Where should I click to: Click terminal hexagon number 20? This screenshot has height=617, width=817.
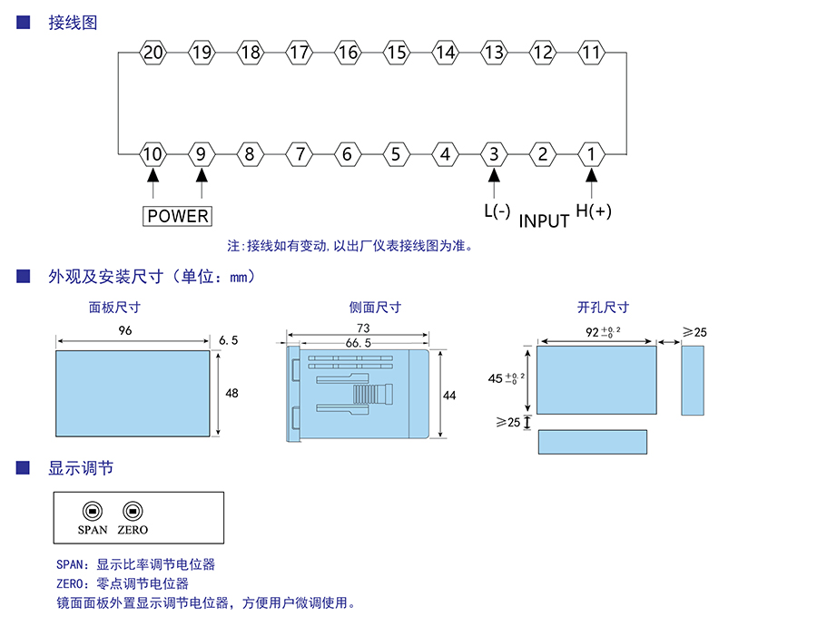[x=153, y=53]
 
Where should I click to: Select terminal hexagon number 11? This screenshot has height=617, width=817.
[x=591, y=53]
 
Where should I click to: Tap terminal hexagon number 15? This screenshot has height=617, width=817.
[x=396, y=53]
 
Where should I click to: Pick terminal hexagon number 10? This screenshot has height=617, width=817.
[x=153, y=154]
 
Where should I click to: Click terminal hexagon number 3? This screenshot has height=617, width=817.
[x=493, y=154]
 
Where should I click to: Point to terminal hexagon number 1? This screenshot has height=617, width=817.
[x=591, y=154]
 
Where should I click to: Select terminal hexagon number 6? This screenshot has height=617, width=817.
[x=347, y=154]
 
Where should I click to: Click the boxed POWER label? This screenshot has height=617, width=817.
[x=178, y=216]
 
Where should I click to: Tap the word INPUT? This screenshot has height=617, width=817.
[x=544, y=220]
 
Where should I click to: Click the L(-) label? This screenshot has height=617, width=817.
[x=497, y=211]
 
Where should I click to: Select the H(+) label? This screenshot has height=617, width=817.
[x=595, y=211]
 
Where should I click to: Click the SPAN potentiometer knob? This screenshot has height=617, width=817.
[x=92, y=510]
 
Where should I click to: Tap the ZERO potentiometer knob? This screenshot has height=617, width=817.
[x=133, y=510]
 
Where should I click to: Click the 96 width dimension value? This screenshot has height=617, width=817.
[x=125, y=331]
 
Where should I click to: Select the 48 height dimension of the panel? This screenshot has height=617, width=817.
[x=231, y=393]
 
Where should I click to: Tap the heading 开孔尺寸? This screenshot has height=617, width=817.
[x=603, y=308]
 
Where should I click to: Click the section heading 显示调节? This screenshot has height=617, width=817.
[x=81, y=469]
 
